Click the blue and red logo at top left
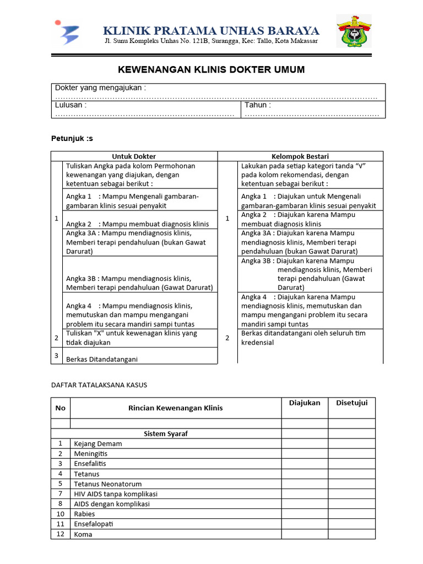67,32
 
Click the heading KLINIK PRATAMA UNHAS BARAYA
211,30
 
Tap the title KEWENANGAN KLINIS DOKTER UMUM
211,70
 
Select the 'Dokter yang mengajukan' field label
100,88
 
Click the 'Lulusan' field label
70,105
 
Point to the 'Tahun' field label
257,105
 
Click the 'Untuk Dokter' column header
134,156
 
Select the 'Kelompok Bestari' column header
300,156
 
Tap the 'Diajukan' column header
304,403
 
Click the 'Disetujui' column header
351,403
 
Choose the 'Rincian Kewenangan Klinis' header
175,408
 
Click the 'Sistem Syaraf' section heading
165,433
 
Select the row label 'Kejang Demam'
97,443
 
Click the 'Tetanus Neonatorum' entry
107,484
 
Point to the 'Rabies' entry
84,514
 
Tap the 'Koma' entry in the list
83,534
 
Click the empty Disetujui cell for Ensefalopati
351,524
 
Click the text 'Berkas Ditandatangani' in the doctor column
101,359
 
